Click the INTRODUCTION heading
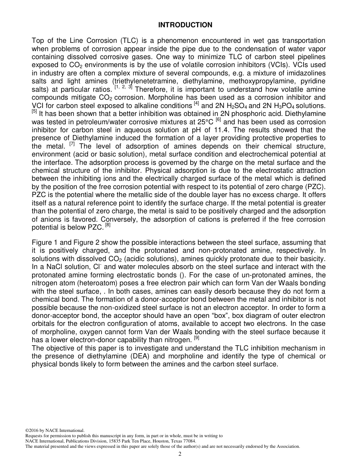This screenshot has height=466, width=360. (x=185, y=25)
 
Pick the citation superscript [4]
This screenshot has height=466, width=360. (x=196, y=104)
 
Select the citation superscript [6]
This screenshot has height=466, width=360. (x=218, y=120)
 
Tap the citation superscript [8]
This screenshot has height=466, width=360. (x=108, y=226)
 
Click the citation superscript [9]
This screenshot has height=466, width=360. (x=196, y=337)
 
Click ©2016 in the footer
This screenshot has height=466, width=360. (x=31, y=430)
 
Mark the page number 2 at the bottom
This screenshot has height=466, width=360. (x=180, y=454)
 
